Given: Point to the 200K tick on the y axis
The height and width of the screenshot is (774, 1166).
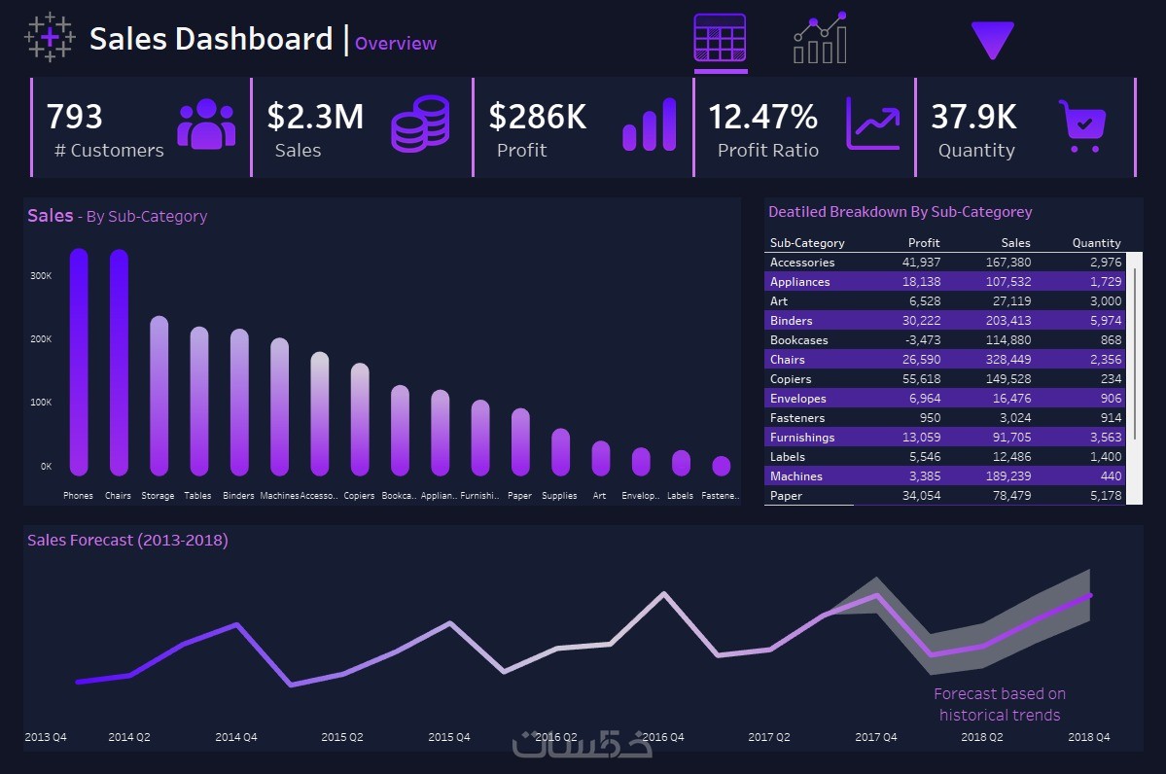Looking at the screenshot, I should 41,339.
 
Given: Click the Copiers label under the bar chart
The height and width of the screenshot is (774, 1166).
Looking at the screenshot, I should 359,496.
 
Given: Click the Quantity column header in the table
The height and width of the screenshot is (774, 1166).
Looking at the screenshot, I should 1096,243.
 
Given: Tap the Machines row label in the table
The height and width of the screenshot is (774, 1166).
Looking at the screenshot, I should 796,476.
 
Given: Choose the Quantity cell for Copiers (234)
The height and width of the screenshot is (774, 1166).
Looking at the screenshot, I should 1108,379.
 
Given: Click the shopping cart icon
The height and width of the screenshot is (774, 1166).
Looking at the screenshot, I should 1083,126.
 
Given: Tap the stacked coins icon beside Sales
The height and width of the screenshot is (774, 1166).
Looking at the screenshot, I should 420,123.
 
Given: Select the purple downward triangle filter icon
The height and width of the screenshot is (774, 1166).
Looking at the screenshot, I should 992,40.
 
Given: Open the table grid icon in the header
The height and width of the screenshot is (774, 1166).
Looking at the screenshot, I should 720,39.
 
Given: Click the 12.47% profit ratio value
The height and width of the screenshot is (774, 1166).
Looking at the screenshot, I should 762,117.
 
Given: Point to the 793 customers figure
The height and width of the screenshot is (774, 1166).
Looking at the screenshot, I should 74,117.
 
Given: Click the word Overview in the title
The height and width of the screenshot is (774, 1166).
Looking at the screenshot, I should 396,44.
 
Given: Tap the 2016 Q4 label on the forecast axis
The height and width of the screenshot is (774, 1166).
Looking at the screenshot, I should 662,737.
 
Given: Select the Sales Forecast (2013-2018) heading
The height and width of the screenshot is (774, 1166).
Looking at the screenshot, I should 127,541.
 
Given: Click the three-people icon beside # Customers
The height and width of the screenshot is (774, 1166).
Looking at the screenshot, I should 206,124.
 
